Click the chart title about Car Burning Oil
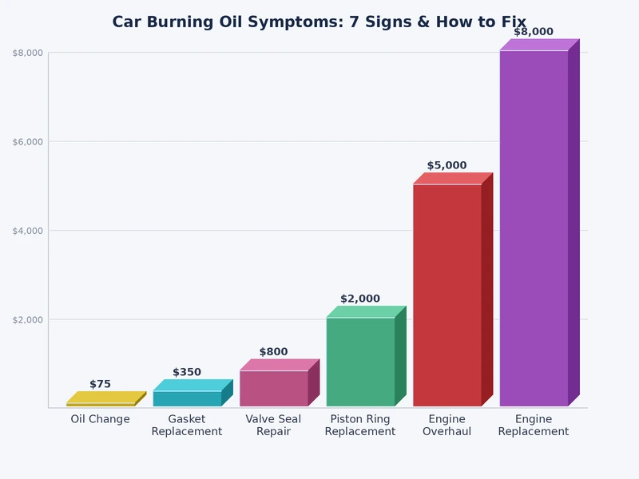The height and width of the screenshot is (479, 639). (319, 22)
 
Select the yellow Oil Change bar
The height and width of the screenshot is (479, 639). (101, 404)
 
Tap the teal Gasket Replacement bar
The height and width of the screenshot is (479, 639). (187, 398)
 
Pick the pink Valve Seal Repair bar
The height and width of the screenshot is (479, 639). (274, 388)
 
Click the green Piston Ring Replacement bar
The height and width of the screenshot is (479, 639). (360, 362)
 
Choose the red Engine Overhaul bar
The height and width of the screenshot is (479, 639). (447, 295)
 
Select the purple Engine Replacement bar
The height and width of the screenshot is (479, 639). (534, 228)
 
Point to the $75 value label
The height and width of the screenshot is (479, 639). (100, 384)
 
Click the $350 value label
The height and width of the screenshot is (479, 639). (187, 372)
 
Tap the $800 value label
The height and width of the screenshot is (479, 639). (273, 352)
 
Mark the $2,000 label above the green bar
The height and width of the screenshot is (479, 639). (360, 299)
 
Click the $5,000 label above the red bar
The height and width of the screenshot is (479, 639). (447, 165)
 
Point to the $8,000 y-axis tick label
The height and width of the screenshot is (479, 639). (27, 53)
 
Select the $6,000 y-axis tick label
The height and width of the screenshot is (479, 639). (27, 141)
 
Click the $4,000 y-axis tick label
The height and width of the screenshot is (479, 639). (27, 231)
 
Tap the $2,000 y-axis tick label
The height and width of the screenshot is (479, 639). (27, 319)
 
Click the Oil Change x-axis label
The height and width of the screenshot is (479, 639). (100, 419)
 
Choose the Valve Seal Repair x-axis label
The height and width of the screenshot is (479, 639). (273, 426)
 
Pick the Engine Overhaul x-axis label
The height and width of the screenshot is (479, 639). (447, 426)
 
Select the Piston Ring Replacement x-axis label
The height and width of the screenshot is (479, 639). (360, 426)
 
